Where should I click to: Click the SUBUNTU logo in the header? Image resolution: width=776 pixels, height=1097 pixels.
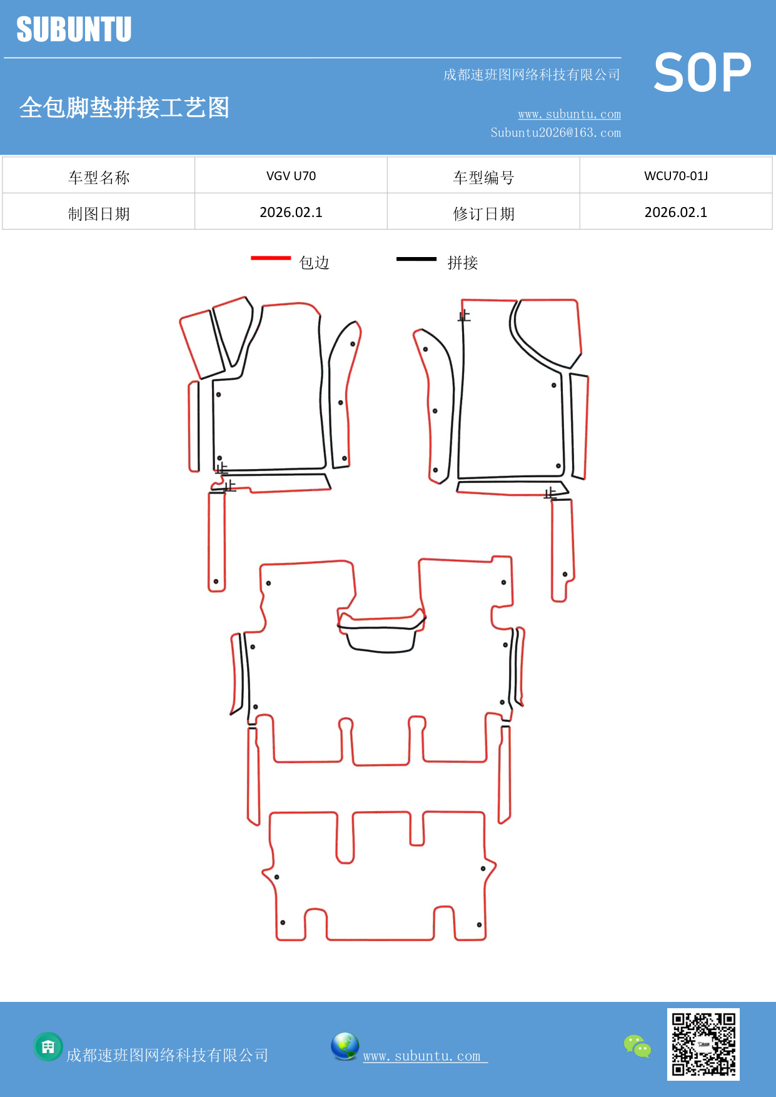click(x=74, y=29)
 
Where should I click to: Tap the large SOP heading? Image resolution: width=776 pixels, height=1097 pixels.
click(x=702, y=73)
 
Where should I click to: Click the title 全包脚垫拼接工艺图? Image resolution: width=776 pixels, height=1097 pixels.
click(x=124, y=108)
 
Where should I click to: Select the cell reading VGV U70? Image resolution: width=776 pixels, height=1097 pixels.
click(x=291, y=176)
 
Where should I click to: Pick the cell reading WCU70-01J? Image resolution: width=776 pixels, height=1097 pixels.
click(x=676, y=176)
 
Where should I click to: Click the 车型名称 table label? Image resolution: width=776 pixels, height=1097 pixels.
click(x=99, y=178)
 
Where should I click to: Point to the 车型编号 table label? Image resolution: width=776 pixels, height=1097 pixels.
click(x=483, y=178)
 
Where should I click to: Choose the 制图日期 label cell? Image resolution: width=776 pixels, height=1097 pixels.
click(x=99, y=214)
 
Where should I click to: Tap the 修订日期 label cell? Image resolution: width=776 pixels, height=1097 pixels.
click(x=483, y=214)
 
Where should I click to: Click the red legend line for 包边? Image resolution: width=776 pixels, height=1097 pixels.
click(x=271, y=258)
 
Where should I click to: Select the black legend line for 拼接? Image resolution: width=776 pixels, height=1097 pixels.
click(x=416, y=258)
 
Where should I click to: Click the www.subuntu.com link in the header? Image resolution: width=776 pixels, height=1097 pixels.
click(x=569, y=114)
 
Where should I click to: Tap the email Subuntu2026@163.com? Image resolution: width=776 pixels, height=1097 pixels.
click(x=555, y=133)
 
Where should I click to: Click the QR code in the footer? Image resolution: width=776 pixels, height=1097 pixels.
click(x=703, y=1044)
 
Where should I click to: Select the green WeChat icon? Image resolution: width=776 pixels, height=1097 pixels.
click(x=637, y=1046)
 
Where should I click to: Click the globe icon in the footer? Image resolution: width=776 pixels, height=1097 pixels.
click(x=345, y=1046)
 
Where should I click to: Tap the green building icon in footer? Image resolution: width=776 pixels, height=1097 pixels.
click(x=48, y=1046)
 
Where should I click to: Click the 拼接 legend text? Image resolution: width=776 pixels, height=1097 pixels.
click(x=462, y=263)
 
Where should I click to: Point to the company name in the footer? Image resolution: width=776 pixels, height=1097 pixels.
click(x=167, y=1055)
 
